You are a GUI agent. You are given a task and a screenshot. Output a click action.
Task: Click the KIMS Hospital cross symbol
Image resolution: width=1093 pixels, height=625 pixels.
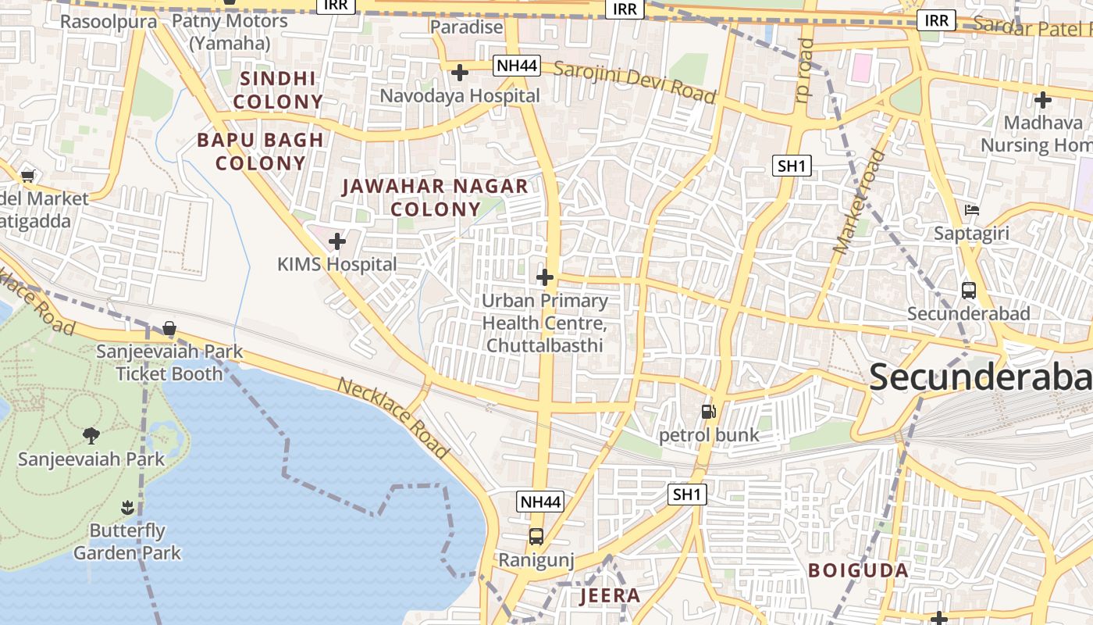tap(337, 241)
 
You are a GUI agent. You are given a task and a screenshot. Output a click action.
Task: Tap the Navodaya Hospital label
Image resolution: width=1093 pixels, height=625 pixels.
tap(459, 95)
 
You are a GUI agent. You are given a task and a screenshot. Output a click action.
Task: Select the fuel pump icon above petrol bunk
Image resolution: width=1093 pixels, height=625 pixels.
tap(708, 411)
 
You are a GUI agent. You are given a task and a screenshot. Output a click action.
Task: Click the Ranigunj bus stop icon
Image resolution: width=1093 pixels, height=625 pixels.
tap(536, 537)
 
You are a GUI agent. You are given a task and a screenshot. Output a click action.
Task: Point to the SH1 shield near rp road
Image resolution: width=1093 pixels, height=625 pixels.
tap(792, 166)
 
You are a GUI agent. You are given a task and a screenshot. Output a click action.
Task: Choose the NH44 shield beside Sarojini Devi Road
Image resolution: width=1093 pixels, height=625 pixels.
tap(517, 66)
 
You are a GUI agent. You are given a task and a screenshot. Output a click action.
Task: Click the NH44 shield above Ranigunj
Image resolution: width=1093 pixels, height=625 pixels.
tap(540, 502)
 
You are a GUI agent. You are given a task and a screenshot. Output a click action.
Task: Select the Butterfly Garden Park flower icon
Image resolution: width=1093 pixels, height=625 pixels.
tap(127, 508)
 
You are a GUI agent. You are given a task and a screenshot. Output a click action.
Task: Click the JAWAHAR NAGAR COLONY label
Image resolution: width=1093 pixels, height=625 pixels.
tap(436, 198)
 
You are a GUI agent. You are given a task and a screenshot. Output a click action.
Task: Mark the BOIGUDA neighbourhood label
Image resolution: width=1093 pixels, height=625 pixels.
tap(858, 570)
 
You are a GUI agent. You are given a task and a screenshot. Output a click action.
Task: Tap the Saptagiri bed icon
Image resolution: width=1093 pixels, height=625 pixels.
tap(972, 210)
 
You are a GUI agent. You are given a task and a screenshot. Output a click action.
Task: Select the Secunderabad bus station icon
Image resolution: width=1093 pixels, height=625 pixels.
tap(969, 291)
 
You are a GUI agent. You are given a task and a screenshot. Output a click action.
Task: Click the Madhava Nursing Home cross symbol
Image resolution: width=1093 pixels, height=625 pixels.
tap(1042, 100)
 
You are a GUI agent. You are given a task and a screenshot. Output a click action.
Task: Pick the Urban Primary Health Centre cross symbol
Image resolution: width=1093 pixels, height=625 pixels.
tap(545, 277)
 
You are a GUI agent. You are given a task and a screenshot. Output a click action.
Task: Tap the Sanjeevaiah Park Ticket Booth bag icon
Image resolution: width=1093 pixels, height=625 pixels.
tap(169, 329)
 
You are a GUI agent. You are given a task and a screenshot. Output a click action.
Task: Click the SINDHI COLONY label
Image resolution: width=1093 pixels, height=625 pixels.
tap(278, 90)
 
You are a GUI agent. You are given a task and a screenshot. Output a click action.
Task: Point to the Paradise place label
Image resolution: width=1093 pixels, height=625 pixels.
tap(467, 27)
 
